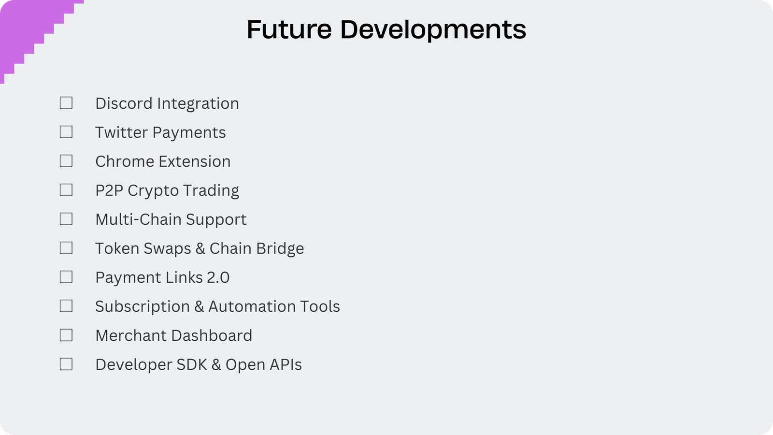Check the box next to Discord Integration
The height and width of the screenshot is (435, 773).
pyautogui.click(x=66, y=103)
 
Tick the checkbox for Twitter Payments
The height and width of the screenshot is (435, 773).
pyautogui.click(x=66, y=132)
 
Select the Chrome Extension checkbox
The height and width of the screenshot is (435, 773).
pyautogui.click(x=66, y=161)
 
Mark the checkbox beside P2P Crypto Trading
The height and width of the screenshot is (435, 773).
pyautogui.click(x=66, y=190)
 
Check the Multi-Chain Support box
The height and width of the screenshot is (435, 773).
pyautogui.click(x=66, y=219)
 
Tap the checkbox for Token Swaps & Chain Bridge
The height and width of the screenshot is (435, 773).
pyautogui.click(x=66, y=248)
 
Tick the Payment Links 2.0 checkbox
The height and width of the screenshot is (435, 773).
pyautogui.click(x=66, y=277)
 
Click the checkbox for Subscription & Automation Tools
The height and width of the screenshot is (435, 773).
pyautogui.click(x=66, y=306)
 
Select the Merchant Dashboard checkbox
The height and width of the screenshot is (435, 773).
pyautogui.click(x=66, y=335)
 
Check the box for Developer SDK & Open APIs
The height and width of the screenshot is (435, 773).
pyautogui.click(x=66, y=364)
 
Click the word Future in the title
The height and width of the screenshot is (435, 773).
pyautogui.click(x=289, y=29)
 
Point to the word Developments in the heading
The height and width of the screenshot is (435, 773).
pyautogui.click(x=433, y=30)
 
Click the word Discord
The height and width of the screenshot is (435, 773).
pyautogui.click(x=124, y=103)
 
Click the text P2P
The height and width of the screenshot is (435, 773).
pyautogui.click(x=109, y=190)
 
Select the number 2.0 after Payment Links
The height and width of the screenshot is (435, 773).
pyautogui.click(x=218, y=277)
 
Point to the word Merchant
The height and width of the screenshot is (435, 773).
pyautogui.click(x=131, y=335)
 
